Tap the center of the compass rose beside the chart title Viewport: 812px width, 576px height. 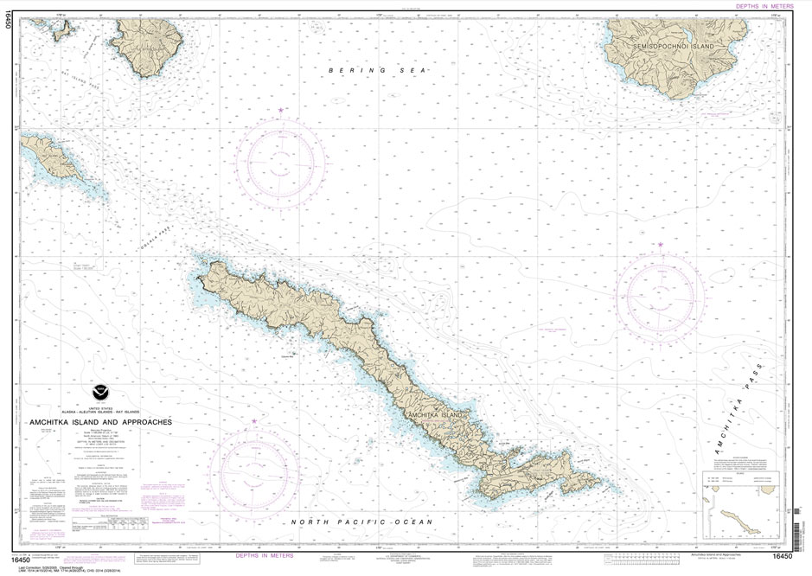253,471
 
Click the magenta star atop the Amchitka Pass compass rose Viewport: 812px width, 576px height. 661,246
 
